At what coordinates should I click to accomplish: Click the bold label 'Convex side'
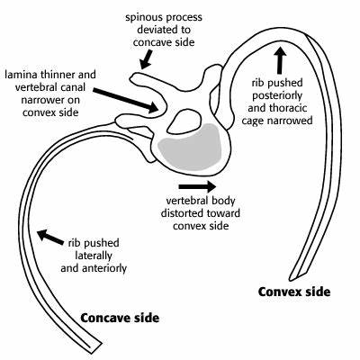(294, 292)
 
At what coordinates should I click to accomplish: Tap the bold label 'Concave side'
(120, 318)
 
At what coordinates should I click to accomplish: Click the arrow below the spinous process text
(147, 59)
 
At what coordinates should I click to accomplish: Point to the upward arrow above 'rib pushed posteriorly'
(280, 60)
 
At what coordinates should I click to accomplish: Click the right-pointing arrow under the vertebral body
(197, 186)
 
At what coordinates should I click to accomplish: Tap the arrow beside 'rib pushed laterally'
(50, 237)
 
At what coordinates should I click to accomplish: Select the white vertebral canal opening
(184, 121)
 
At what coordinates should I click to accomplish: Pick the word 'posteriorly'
(277, 95)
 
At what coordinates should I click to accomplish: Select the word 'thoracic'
(290, 108)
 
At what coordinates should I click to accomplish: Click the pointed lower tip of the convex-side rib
(292, 280)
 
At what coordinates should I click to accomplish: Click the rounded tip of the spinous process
(132, 77)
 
